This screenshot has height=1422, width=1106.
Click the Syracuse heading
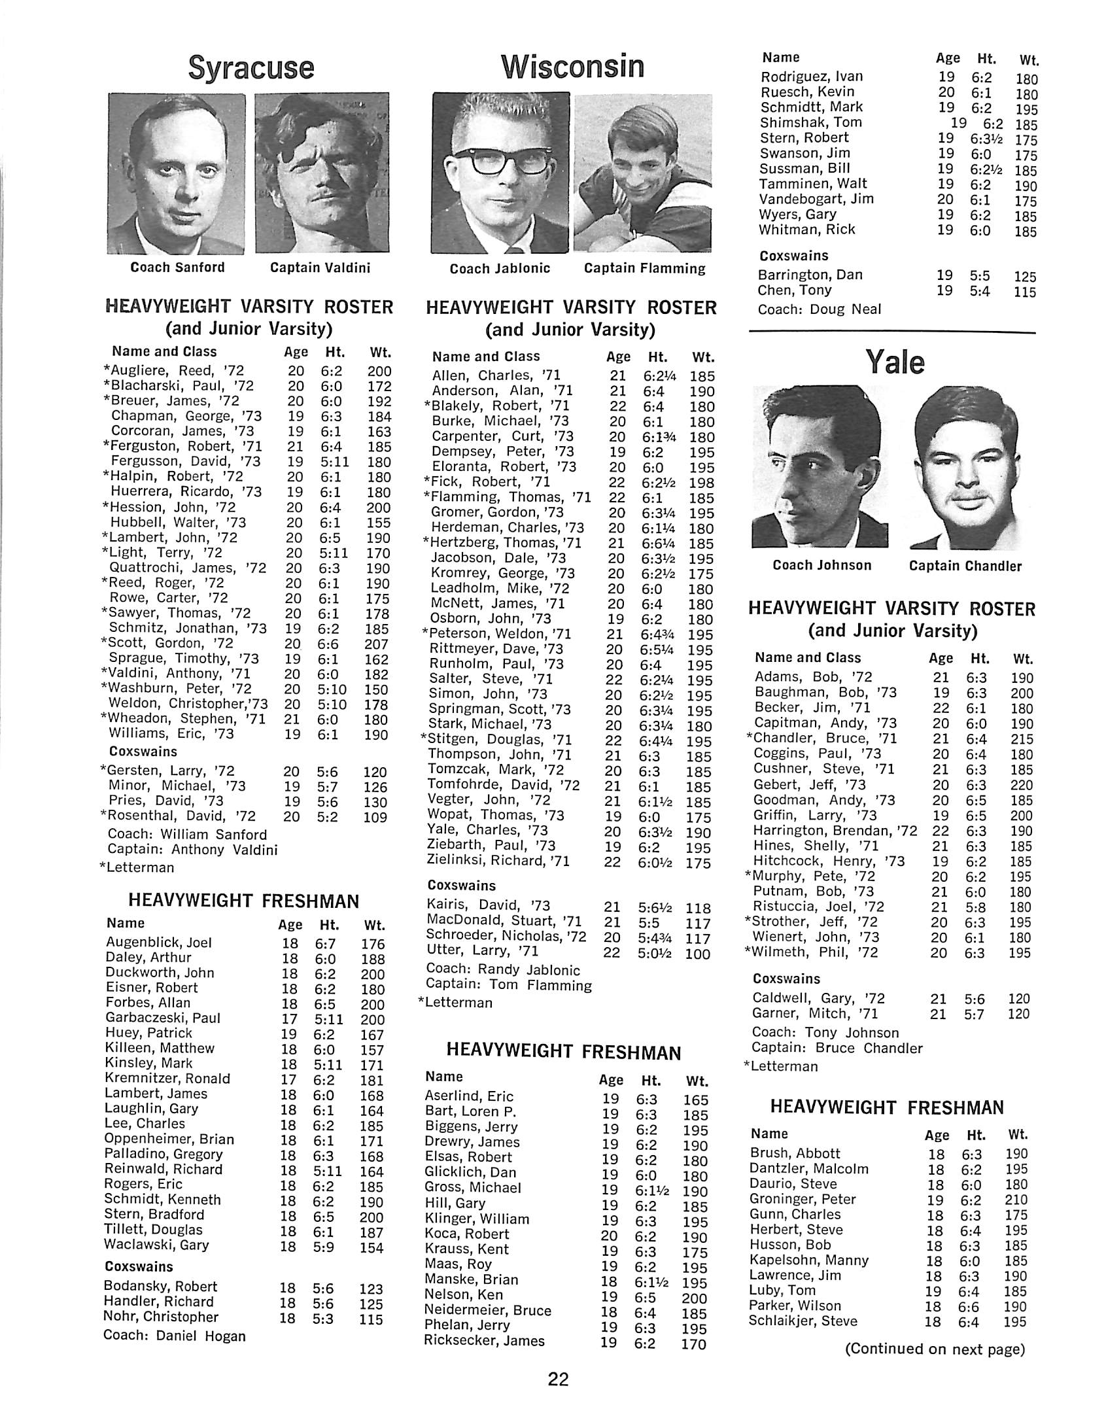point(251,68)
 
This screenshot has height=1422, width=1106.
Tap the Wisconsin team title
point(572,67)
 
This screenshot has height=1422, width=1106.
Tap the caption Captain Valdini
point(320,268)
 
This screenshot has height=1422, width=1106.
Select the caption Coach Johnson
point(822,565)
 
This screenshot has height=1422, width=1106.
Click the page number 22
point(558,1380)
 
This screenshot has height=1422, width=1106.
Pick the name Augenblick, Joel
point(159,943)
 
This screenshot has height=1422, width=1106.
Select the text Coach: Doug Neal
point(819,309)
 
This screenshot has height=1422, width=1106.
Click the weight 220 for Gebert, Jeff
point(1020,785)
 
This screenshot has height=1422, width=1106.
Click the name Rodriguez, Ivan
point(811,77)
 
